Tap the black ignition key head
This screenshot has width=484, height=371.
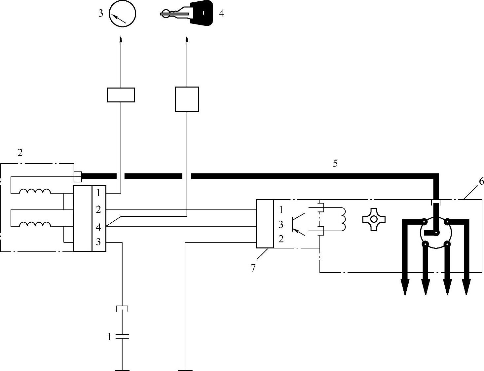201,13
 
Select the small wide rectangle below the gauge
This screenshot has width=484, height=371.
121,95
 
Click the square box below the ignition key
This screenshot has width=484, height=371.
187,99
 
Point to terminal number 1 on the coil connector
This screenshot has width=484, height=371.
99,193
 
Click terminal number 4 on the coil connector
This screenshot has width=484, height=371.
98,227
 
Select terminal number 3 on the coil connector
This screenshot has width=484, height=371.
98,241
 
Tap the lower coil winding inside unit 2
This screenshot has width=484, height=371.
35,224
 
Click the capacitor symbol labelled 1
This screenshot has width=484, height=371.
122,337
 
